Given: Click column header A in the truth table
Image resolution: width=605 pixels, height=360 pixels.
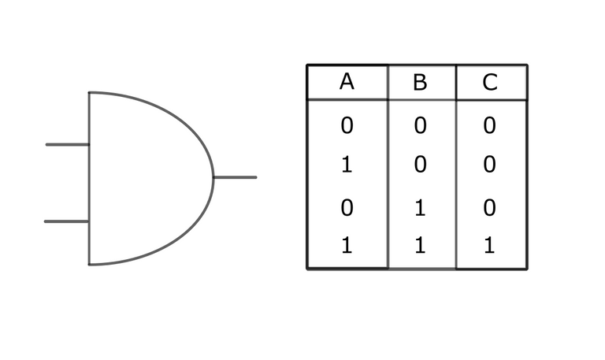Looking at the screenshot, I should point(347,81).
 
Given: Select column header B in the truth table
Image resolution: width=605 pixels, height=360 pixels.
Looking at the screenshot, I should point(420,83).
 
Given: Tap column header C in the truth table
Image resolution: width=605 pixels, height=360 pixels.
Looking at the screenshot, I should point(490,83).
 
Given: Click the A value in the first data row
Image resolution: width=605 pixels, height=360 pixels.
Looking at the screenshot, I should point(347,124).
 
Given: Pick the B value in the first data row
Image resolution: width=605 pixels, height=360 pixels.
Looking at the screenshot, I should point(420,124).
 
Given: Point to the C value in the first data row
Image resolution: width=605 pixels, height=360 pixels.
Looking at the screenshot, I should point(489,124).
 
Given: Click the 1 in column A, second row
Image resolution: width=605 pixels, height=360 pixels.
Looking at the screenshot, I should point(347,165).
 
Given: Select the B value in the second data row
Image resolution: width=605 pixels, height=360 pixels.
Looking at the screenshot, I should point(420,165).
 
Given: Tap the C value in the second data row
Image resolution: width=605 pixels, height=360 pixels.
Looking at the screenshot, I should point(489,165).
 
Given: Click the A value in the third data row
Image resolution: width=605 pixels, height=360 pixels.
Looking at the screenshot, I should point(347,209).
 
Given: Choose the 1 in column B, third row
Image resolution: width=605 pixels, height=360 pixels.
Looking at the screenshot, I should point(420,209).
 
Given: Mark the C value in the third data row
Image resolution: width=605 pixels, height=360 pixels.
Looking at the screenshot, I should point(489,209).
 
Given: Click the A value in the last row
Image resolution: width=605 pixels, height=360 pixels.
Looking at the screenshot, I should point(347,246).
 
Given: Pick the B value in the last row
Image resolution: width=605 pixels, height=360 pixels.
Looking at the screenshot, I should point(420,246).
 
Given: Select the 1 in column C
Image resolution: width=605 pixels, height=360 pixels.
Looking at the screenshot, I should point(489,246).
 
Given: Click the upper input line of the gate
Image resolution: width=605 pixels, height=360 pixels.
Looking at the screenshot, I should point(67,144).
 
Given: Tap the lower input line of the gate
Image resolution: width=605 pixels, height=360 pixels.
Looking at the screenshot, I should point(66,221).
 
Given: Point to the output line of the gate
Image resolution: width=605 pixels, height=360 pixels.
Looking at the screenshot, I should point(235,177).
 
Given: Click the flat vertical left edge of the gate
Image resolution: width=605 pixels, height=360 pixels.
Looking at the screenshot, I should point(89,181).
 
